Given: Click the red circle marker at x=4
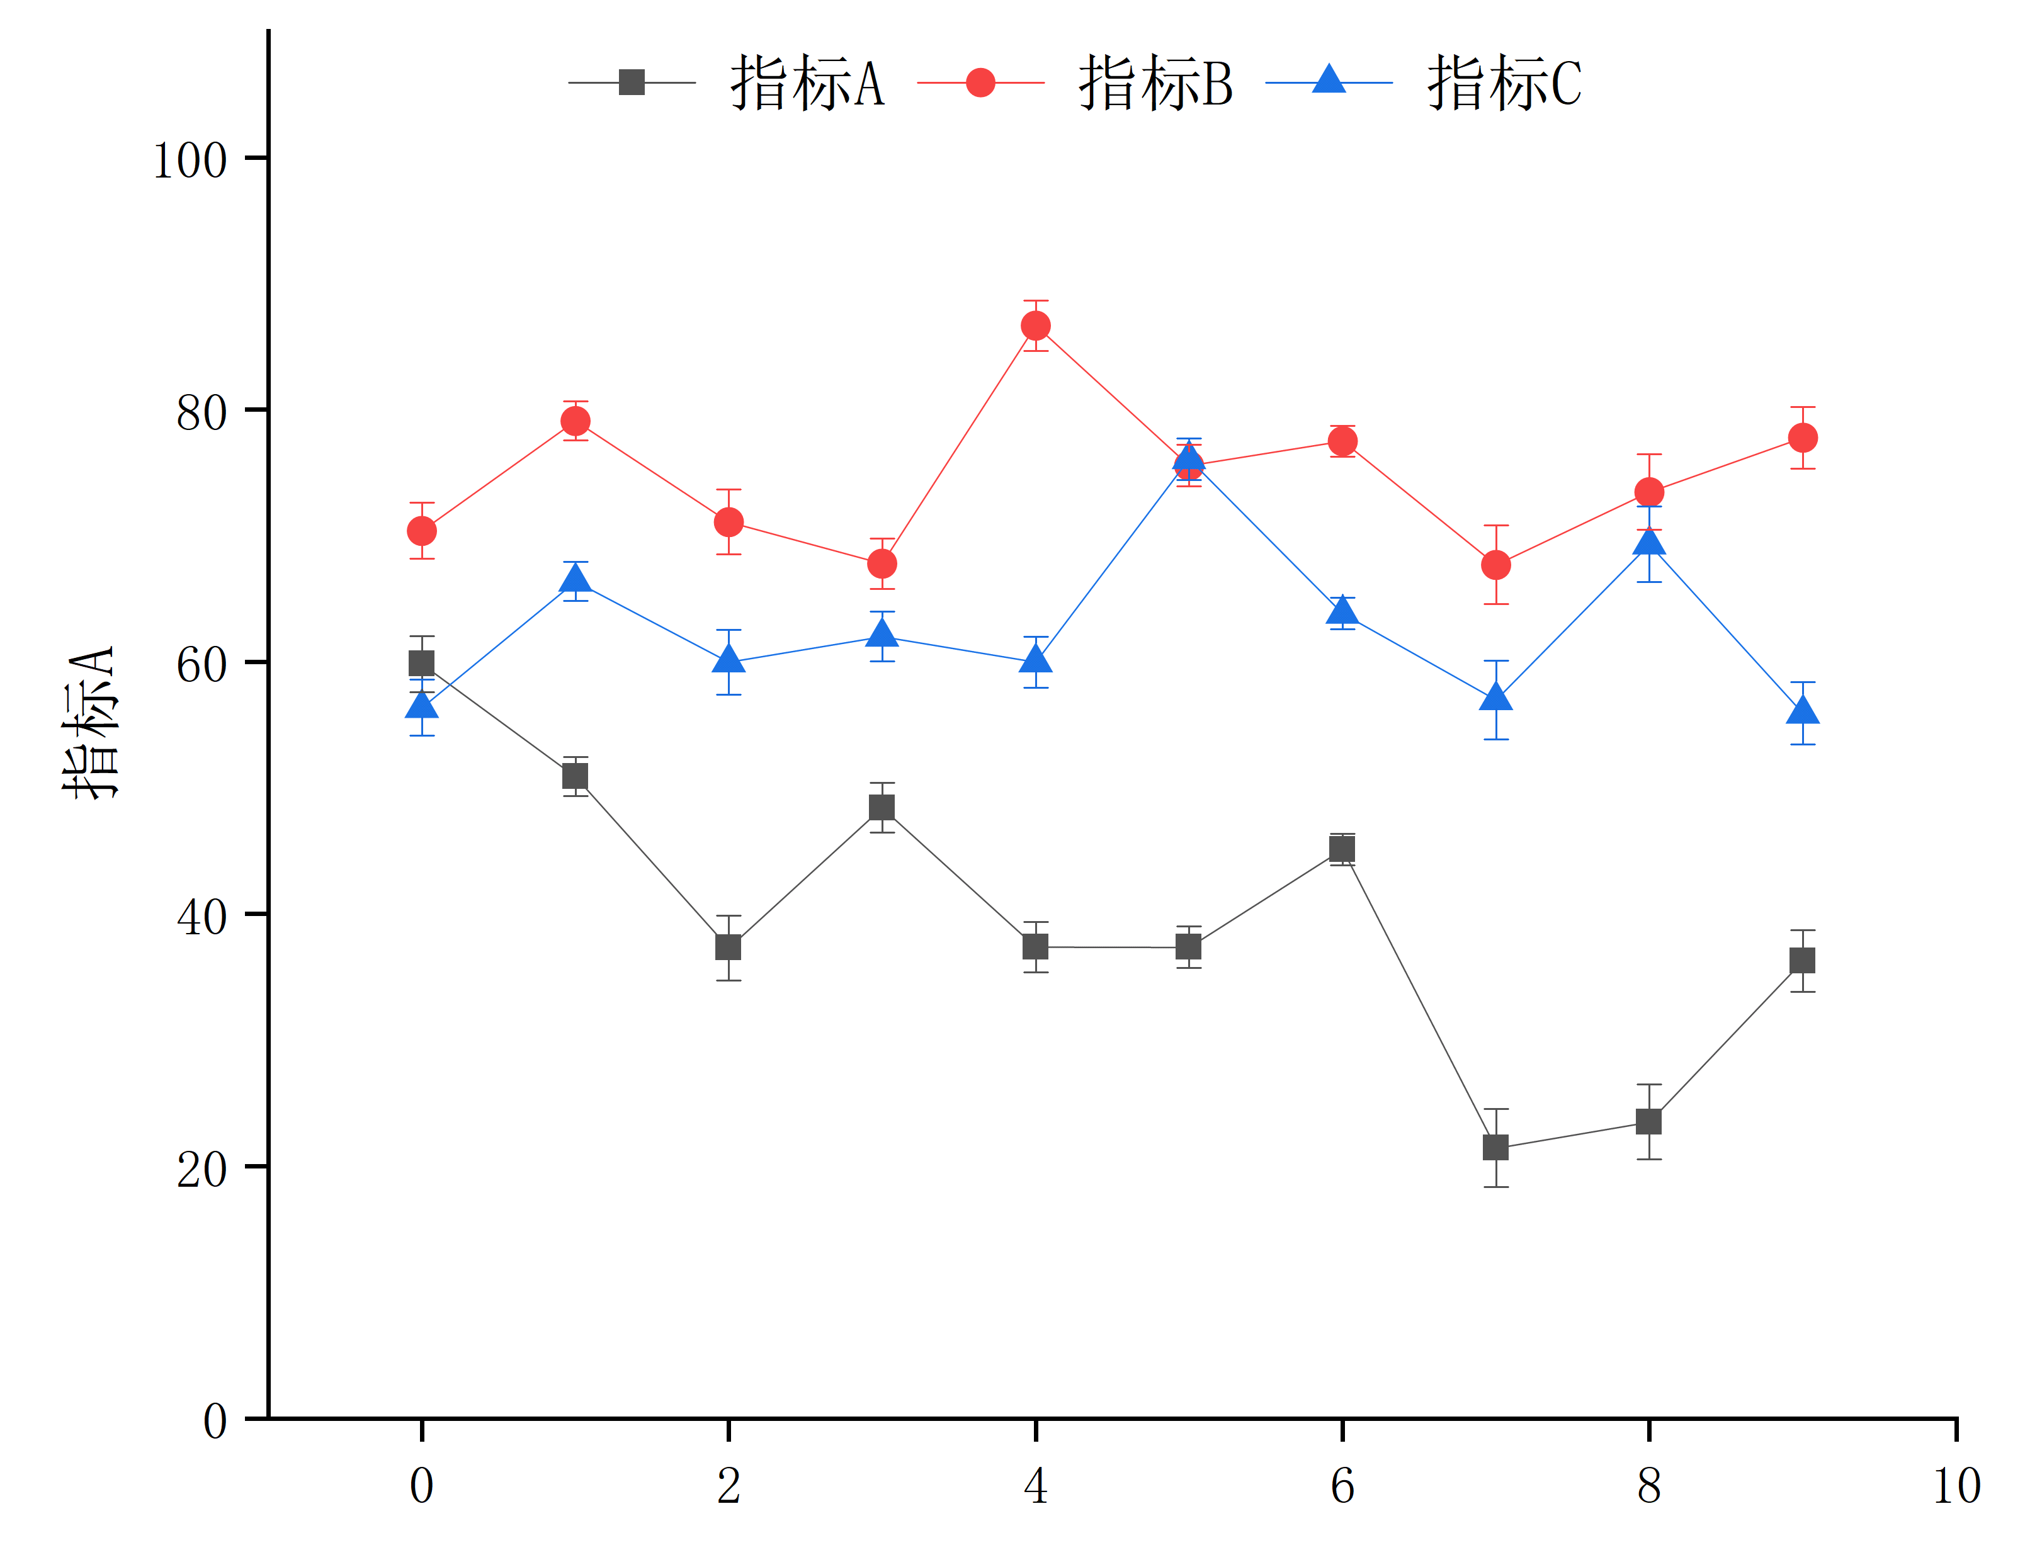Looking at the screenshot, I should click(x=1035, y=325).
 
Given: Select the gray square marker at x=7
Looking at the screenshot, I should click(x=1495, y=1148).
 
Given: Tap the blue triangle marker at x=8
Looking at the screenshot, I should click(x=1648, y=541).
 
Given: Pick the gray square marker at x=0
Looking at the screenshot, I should click(x=422, y=664).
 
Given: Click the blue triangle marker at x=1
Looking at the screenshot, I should click(x=575, y=579).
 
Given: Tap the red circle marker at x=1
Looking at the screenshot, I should click(x=575, y=421).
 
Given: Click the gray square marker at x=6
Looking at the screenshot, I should click(x=1342, y=849).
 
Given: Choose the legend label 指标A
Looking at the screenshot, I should click(x=807, y=83).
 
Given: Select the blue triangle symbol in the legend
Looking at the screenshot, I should click(x=1329, y=80).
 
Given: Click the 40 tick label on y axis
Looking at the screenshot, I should click(x=201, y=917).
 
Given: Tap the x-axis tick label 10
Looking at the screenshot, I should click(x=1956, y=1485).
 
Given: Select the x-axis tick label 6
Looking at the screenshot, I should click(x=1342, y=1485).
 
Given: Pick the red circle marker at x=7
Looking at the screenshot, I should click(x=1495, y=565).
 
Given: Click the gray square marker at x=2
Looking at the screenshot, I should click(x=728, y=948).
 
